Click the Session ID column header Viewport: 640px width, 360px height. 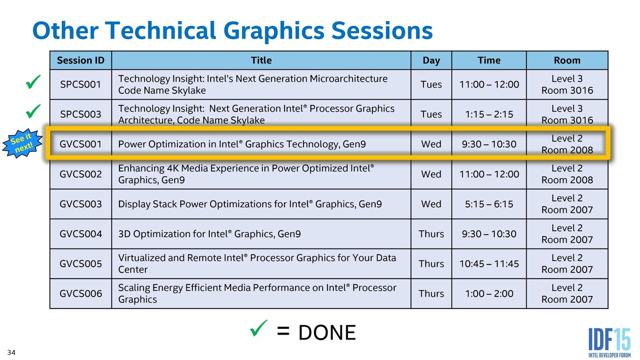[x=80, y=60]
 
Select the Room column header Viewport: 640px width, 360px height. [x=567, y=60]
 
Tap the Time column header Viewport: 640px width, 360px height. [x=489, y=60]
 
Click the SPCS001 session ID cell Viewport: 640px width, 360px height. [x=80, y=84]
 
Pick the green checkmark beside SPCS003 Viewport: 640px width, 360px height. [x=33, y=111]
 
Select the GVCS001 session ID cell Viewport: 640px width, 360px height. [x=80, y=144]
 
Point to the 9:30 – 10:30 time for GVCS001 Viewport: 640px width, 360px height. [x=489, y=144]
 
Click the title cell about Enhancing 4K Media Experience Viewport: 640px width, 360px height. [x=260, y=174]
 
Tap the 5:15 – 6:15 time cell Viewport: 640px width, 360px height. [x=489, y=204]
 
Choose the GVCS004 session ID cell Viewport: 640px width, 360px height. [x=80, y=234]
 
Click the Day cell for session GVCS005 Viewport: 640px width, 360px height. [x=431, y=264]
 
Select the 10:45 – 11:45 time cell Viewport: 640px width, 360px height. [x=489, y=264]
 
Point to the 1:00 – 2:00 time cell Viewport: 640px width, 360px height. [x=489, y=293]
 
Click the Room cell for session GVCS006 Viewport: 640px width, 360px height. [x=567, y=293]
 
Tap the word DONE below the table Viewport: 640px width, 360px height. [x=327, y=333]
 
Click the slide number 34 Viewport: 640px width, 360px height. [x=11, y=353]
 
